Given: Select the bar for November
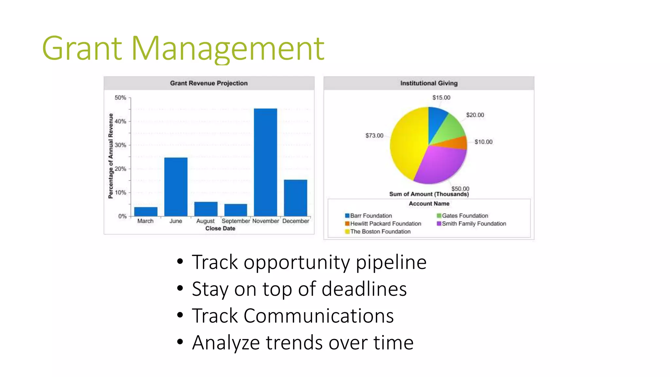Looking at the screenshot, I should (x=265, y=162).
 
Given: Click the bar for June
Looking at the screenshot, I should (x=176, y=187).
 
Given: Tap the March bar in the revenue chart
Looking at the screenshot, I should (x=146, y=211).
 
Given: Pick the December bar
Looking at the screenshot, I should (x=295, y=198).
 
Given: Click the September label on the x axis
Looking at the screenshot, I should (x=236, y=221).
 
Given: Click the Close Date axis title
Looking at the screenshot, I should (x=220, y=228).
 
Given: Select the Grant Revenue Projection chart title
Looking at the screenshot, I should (x=209, y=83).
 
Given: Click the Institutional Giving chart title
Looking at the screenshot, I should (x=429, y=83).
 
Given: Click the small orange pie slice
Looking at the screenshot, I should (x=458, y=143).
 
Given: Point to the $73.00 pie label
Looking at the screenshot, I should (x=374, y=135).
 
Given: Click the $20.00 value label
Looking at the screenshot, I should (x=475, y=115).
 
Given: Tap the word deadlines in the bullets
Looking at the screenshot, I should (x=364, y=289).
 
